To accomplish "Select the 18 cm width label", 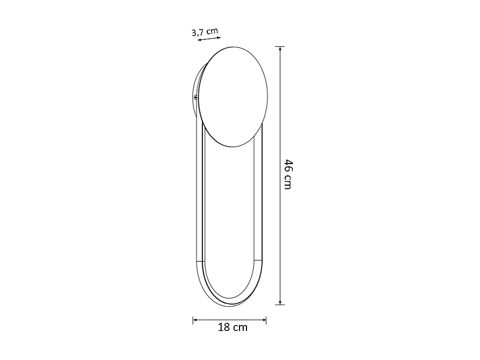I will pos(232,327).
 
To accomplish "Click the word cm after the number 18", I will pos(241,327).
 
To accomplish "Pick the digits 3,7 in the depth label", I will pos(199,32).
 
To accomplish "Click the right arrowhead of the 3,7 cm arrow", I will pos(218,37).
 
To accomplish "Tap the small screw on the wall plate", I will pos(196,97).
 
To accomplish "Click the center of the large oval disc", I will pos(232,97).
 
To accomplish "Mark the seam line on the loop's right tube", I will pos(258,261).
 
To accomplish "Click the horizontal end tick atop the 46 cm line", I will pos(280,47).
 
